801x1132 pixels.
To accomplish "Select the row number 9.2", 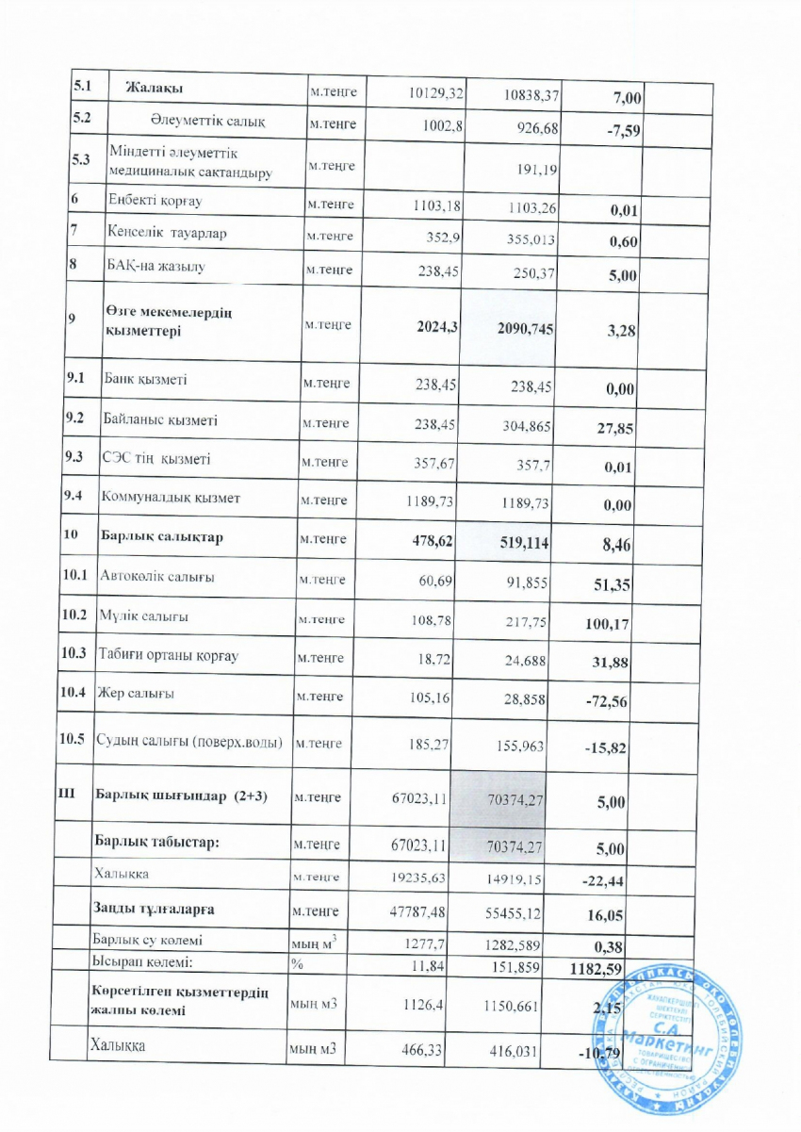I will click(76, 420).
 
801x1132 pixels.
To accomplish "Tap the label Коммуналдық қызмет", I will click(178, 499).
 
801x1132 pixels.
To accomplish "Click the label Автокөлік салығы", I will click(158, 576).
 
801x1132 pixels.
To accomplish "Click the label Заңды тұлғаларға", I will click(153, 909).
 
